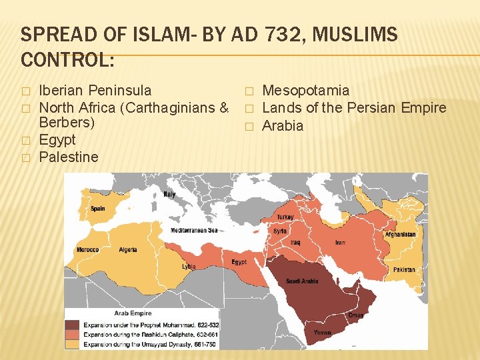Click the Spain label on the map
coord(98,209)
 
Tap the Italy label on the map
coord(169,194)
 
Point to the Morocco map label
coord(87,250)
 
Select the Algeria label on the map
coord(128,249)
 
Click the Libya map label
coord(189,267)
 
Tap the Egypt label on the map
coord(239,262)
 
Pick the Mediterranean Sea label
coord(194,231)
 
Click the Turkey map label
coord(285,217)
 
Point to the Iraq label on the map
coord(295,243)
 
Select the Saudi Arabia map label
coord(302,281)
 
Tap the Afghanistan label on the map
coord(400,235)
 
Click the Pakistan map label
coord(404,270)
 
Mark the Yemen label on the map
coord(323,332)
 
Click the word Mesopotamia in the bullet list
coord(306,91)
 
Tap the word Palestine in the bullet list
coord(69,157)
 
